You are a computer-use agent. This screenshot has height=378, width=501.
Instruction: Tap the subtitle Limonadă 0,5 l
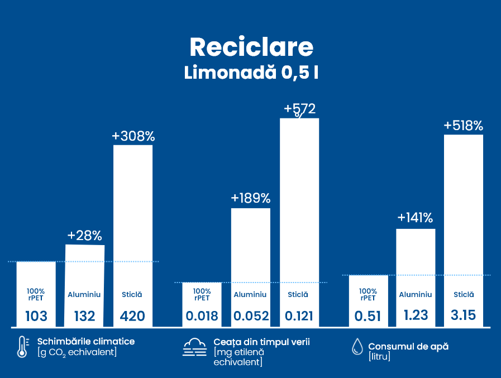[x=251, y=73]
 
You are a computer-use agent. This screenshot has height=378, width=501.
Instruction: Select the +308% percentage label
[x=133, y=136]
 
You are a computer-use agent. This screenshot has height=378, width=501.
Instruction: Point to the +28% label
[x=85, y=236]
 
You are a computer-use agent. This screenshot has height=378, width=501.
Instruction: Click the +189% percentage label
[x=251, y=198]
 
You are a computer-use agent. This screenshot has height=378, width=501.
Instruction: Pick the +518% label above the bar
[x=463, y=126]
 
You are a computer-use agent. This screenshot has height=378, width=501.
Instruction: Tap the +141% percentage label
[x=415, y=218]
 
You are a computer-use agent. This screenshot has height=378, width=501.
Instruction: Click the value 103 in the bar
[x=36, y=317]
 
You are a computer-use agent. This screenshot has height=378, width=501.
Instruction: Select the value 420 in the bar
[x=133, y=317]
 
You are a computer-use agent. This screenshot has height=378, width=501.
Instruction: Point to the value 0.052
[x=250, y=316]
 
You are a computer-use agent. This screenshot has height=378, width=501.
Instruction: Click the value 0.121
[x=299, y=316]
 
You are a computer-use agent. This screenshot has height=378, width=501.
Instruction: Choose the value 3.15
[x=463, y=315]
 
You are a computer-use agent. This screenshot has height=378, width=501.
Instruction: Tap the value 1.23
[x=415, y=315]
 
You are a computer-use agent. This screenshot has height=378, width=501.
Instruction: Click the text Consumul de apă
[x=408, y=346]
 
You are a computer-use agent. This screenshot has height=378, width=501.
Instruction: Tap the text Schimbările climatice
[x=86, y=341]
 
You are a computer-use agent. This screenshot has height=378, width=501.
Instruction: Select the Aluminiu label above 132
[x=84, y=294]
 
